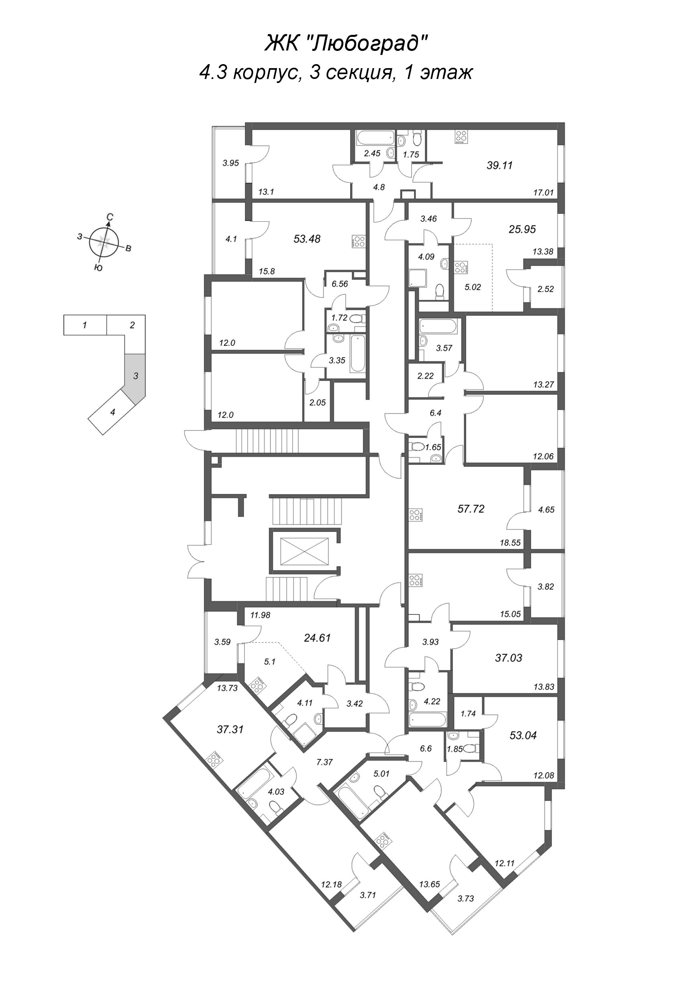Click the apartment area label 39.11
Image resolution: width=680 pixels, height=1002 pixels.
(499, 165)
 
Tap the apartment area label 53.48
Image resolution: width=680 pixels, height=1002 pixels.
(307, 238)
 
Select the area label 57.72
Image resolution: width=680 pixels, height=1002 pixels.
(471, 509)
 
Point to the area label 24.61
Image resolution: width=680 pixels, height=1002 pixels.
(317, 638)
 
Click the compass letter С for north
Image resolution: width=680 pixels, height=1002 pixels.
(110, 218)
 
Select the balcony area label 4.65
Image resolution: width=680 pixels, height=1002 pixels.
(546, 510)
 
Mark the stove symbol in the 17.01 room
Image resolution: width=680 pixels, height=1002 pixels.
(461, 136)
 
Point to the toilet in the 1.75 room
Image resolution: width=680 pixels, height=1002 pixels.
(417, 139)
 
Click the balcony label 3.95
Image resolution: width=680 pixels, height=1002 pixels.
(231, 163)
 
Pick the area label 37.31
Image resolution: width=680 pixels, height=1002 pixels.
(230, 729)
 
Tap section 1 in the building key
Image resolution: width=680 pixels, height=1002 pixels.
(85, 325)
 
